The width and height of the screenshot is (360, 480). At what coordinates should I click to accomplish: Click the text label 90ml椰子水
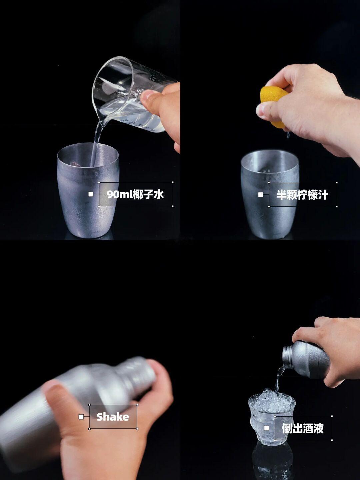tap(136, 194)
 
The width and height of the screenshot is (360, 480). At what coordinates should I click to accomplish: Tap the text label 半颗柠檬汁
tap(302, 194)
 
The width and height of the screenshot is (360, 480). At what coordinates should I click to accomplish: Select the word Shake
tap(113, 417)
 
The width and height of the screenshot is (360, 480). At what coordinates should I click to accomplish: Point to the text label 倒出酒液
tap(303, 428)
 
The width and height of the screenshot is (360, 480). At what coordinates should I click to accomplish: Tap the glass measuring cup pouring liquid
tap(129, 94)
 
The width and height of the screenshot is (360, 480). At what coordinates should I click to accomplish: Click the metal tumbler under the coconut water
tap(88, 190)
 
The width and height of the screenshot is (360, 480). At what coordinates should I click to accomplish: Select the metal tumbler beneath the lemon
tap(270, 195)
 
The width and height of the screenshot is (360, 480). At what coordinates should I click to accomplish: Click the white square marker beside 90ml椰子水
tap(91, 194)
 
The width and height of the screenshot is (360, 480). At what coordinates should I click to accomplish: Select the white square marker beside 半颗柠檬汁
tap(261, 194)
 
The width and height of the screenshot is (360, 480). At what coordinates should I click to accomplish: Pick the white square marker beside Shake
tap(81, 417)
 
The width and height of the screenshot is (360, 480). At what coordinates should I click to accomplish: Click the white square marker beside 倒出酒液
tap(266, 428)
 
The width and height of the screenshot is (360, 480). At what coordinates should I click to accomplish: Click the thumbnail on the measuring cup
tap(146, 96)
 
